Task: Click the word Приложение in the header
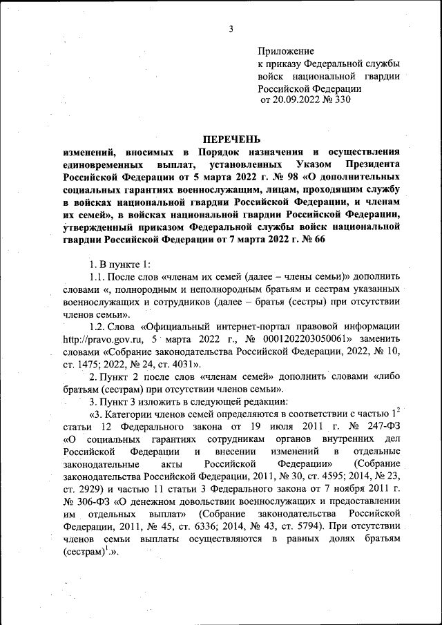[x=287, y=51]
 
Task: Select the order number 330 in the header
[x=343, y=100]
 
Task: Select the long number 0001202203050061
[x=302, y=340]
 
